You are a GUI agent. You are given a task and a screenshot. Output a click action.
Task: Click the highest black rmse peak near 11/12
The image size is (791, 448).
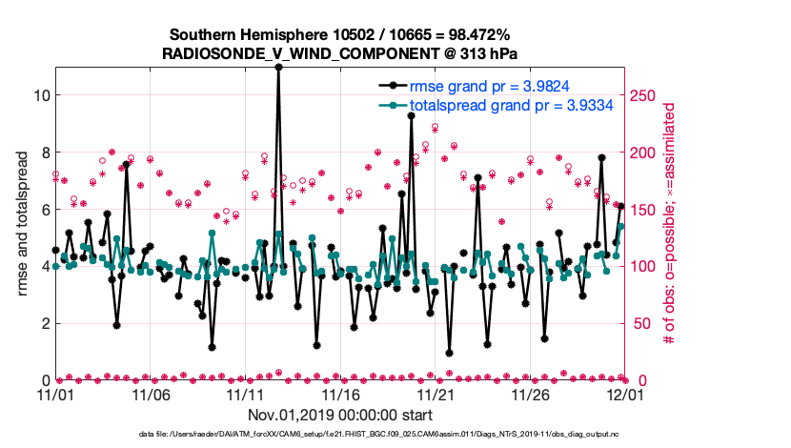coord(278,67)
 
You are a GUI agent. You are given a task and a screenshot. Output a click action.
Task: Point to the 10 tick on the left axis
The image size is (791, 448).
coord(40,94)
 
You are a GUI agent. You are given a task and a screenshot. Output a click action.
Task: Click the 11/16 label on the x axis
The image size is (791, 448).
coord(341,394)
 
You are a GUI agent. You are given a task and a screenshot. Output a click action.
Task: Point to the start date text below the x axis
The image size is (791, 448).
coord(340,415)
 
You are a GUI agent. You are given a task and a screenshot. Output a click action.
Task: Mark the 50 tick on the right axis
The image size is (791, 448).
coord(640,323)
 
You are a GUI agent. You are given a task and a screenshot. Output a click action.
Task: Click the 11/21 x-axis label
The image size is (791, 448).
coord(436,394)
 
